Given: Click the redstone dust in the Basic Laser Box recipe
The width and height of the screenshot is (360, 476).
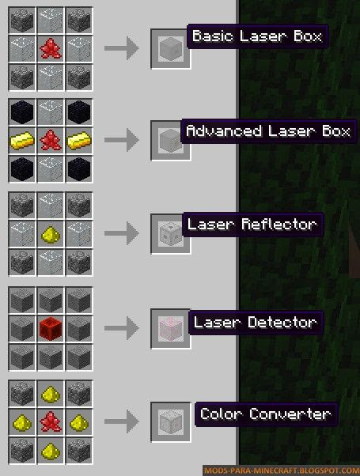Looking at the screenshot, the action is coord(51,48).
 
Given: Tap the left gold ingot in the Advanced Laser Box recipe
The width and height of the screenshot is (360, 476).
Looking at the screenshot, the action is coord(22,140).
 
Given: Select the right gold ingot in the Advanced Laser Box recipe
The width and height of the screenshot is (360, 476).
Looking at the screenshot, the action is coord(79,140).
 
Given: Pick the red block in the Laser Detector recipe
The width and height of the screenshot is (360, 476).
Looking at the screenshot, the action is coord(51,328).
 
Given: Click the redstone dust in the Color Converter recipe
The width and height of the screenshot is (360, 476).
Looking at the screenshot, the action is coord(51,421).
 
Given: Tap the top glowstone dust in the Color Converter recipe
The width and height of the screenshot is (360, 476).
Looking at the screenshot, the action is coord(51,394).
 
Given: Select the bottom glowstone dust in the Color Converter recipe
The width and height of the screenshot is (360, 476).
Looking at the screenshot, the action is coord(51,450).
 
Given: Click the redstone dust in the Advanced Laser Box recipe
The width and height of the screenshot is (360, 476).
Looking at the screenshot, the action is coord(51,140).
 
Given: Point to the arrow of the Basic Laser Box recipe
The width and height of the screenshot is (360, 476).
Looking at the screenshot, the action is coord(122,48).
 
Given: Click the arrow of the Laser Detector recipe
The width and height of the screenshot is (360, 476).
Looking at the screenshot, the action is coord(122,328).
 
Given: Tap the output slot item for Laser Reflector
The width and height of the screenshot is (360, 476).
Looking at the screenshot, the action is coord(170,234).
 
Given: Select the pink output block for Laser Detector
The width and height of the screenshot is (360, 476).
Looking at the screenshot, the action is coord(171,329).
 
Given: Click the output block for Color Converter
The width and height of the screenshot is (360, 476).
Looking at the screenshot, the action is coord(171,421).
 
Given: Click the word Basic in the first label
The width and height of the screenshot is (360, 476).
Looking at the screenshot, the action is coord(213,36).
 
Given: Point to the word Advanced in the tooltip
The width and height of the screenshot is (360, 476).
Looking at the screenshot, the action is coord(224,130).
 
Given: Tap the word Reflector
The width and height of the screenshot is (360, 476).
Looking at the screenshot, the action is coord(279,225).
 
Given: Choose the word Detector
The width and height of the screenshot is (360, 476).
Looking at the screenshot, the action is coord(282,322).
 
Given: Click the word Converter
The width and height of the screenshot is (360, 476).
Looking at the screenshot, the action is coord(290,414).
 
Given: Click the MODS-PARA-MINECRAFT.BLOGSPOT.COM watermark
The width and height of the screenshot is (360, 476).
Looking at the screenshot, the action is coord(281,470).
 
